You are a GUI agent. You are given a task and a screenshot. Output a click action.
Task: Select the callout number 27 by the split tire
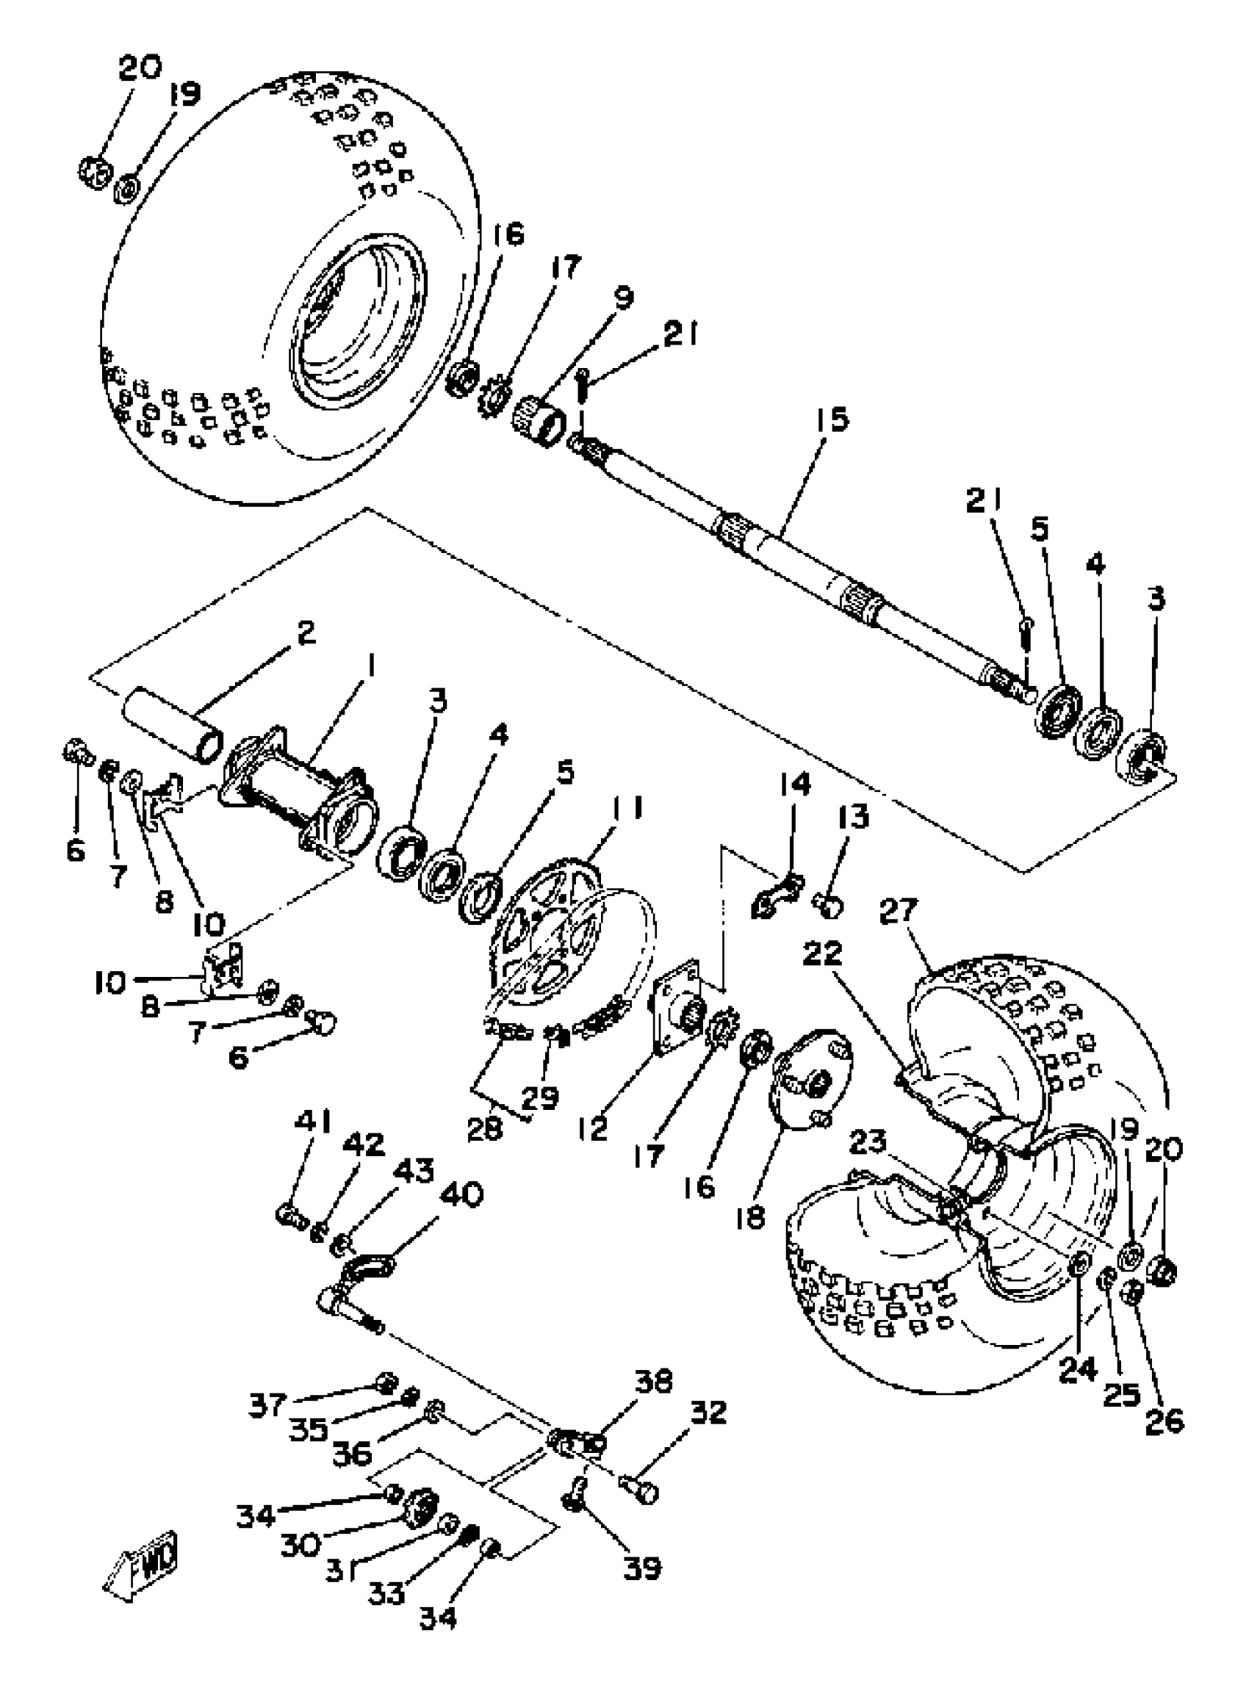pyautogui.click(x=899, y=911)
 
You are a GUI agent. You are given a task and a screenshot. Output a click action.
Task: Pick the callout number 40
pyautogui.click(x=461, y=1197)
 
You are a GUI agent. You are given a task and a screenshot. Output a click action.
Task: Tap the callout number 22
pyautogui.click(x=823, y=953)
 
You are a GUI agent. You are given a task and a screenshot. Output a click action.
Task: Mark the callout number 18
pyautogui.click(x=751, y=1217)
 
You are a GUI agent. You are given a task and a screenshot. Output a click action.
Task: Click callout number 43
pyautogui.click(x=414, y=1170)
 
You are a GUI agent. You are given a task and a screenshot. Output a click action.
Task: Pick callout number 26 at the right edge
pyautogui.click(x=1165, y=1421)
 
